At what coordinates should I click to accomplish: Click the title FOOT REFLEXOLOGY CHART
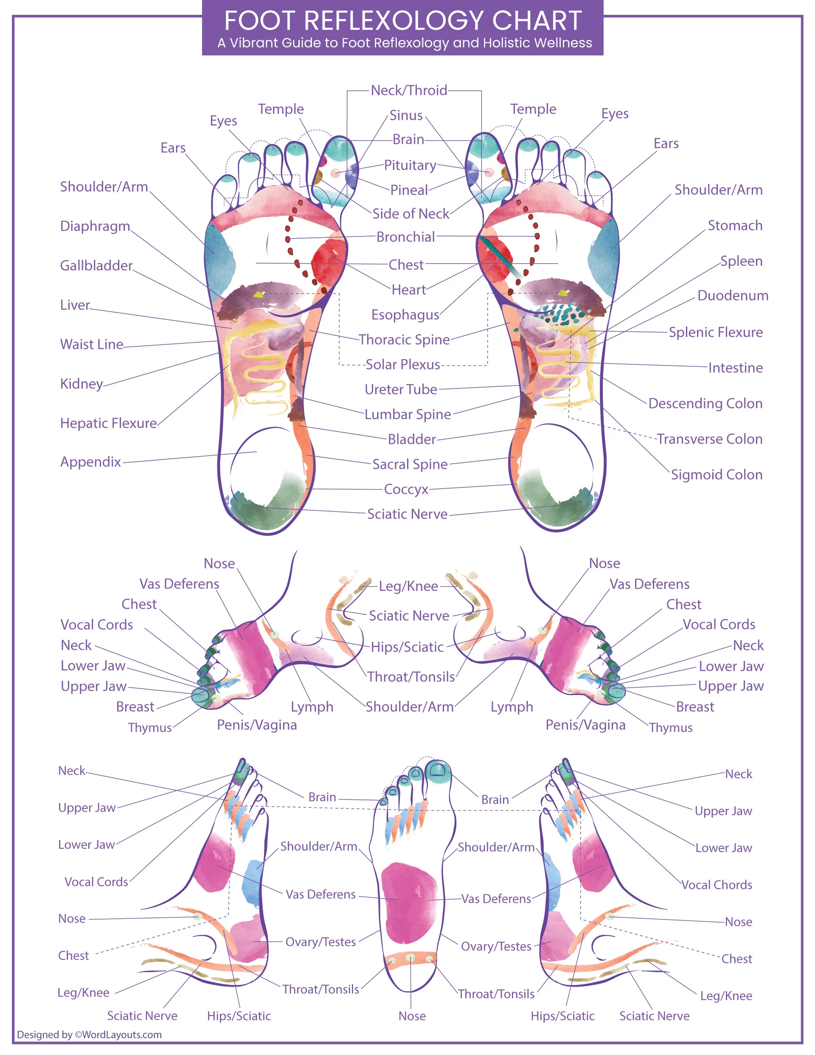402,20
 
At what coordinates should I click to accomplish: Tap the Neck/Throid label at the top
409,90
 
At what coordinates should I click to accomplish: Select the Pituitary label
410,165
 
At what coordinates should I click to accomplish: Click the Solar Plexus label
402,364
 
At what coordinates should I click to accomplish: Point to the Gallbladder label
96,265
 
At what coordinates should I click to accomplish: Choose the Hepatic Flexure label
108,423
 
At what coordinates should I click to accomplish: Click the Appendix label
90,462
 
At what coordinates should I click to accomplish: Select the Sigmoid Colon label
717,474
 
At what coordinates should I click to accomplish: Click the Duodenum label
732,295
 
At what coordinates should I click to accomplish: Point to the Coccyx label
406,490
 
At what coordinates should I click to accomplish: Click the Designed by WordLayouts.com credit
90,1034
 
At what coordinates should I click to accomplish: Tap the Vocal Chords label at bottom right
717,884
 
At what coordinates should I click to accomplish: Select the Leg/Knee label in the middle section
408,586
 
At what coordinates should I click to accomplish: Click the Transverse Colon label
709,439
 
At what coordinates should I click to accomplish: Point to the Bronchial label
405,237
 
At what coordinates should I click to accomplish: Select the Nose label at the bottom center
412,1016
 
